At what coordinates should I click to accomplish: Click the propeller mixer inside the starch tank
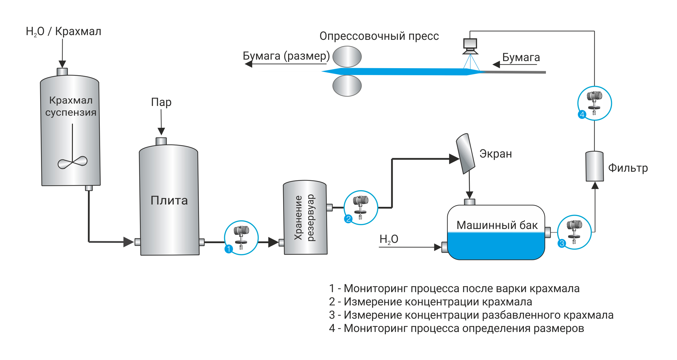(73, 162)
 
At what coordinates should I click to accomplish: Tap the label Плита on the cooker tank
(169, 201)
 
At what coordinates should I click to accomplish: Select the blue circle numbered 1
(229, 249)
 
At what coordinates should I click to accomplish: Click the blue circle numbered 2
(348, 219)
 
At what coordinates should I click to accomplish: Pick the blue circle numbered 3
(562, 243)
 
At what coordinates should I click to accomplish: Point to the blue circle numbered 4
(582, 114)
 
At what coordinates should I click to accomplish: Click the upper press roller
(347, 57)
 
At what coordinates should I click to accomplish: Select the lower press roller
(347, 86)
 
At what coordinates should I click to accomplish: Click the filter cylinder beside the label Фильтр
(594, 166)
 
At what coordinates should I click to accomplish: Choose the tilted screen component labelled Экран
(465, 154)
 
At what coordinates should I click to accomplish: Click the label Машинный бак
(497, 225)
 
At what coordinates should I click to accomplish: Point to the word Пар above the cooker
(161, 102)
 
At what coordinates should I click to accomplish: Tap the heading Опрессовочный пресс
(379, 36)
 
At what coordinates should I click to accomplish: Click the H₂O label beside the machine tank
(389, 239)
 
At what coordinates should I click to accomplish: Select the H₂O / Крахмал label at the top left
(63, 31)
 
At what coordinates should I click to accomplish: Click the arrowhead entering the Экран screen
(454, 159)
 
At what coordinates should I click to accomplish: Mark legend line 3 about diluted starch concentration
(471, 315)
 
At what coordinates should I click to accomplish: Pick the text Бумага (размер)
(286, 56)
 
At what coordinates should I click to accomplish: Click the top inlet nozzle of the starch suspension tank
(62, 72)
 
